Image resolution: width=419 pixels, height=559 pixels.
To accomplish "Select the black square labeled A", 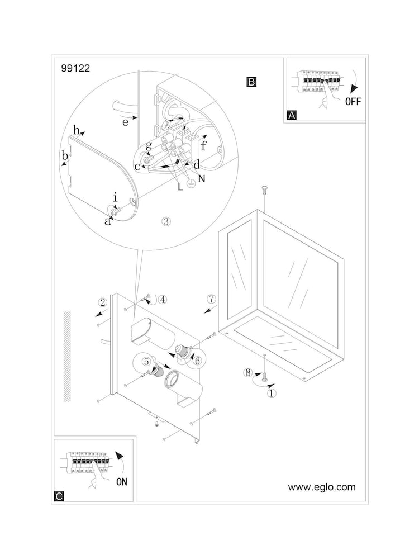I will [x=291, y=116].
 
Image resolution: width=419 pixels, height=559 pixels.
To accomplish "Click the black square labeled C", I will [x=60, y=495].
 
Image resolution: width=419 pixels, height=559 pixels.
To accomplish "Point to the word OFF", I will [x=353, y=101].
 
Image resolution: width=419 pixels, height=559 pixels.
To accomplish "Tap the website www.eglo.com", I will [x=321, y=487].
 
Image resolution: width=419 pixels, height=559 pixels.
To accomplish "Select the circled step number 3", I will [x=165, y=221].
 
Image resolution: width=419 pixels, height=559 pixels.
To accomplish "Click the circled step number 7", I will [x=211, y=299].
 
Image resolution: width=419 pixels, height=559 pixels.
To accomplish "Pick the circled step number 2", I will [x=102, y=302].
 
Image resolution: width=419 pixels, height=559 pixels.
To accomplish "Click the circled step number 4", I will [x=162, y=299].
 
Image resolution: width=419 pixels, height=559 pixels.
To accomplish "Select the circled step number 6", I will [x=197, y=361].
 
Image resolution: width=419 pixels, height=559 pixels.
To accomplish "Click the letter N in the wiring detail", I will [x=201, y=179].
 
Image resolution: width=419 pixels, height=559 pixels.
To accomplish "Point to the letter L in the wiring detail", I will [x=180, y=187].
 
